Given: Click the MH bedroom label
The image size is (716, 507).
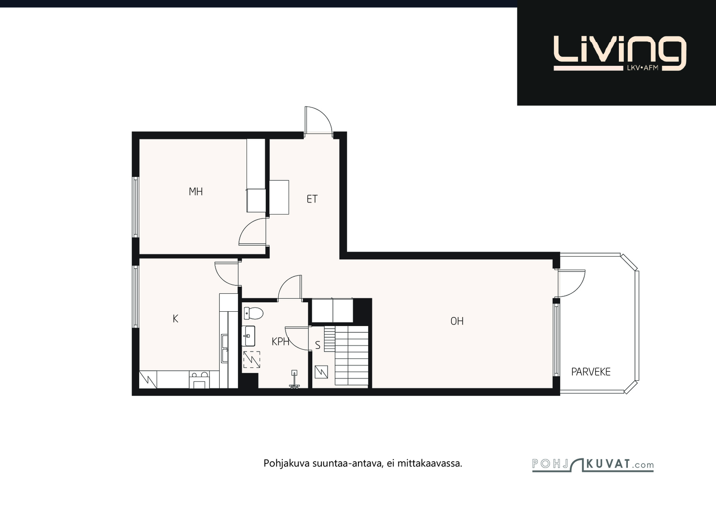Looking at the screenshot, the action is [x=196, y=192].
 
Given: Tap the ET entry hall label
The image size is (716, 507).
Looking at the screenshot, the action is [x=312, y=199].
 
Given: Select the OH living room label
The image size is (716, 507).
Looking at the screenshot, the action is [x=457, y=321].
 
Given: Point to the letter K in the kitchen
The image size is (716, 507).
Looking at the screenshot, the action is [x=175, y=318].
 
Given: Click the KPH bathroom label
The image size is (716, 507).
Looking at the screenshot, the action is [x=280, y=342].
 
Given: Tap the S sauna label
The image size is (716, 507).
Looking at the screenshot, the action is [x=317, y=345].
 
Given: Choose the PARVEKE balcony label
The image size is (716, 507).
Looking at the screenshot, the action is [x=591, y=372].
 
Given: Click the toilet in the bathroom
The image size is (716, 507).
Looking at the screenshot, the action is [x=253, y=313].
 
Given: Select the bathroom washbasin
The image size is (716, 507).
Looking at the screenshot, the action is [x=248, y=336].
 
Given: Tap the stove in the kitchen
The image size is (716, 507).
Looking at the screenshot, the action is [x=199, y=379].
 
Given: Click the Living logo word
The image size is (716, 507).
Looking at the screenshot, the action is [x=620, y=51].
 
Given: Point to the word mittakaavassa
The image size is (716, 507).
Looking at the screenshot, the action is [x=430, y=463].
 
